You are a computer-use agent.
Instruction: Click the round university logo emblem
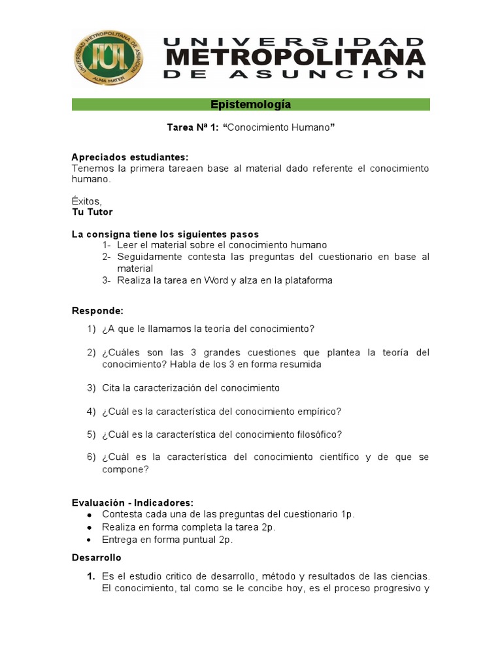(109, 57)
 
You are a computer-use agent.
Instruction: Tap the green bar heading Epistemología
(251, 105)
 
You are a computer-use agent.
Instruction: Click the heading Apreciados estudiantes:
(129, 157)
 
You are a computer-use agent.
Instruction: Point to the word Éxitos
(86, 201)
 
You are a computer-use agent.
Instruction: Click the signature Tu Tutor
(92, 212)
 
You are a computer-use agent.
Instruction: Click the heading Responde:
(97, 310)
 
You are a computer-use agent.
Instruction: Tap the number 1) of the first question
(92, 329)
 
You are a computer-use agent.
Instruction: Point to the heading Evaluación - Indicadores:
(133, 502)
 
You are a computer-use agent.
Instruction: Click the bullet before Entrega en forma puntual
(89, 540)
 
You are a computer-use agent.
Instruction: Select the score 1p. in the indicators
(347, 514)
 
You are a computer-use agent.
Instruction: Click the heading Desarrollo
(96, 557)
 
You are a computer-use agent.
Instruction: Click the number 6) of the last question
(92, 457)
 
